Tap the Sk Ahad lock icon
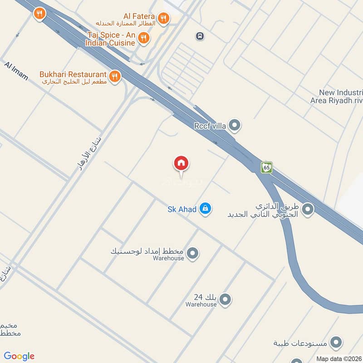coord(206,209)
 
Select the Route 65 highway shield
coord(266,167)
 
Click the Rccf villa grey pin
coord(235,125)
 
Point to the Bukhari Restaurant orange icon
coord(115,76)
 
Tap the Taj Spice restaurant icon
coord(144,38)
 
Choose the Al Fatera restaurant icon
coord(164,18)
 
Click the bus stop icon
coord(199,35)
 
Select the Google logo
coord(20,356)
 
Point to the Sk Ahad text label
coord(182,209)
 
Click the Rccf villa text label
coord(210,126)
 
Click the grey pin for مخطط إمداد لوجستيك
coord(193,253)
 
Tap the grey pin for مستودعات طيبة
coord(336,342)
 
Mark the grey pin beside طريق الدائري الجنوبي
coord(308,209)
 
